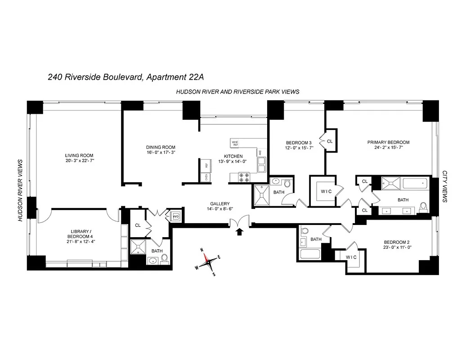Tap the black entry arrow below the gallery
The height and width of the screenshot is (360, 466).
(x=239, y=231)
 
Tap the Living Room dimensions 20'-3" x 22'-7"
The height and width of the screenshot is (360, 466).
(x=79, y=161)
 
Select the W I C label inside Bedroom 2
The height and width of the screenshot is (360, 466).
(x=351, y=257)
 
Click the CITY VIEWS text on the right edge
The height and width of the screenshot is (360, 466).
(x=445, y=186)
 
